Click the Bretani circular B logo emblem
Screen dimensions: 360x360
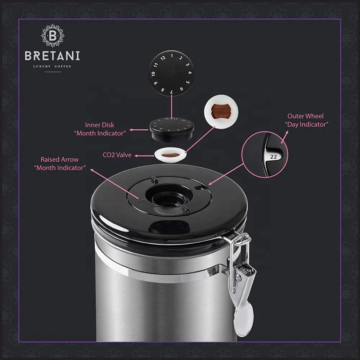(52, 36)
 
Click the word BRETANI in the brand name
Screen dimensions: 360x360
(52, 56)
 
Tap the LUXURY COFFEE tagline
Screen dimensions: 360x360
(52, 67)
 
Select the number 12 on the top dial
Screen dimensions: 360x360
(163, 58)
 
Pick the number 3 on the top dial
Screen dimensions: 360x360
(188, 65)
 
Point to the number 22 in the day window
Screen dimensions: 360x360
(273, 157)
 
